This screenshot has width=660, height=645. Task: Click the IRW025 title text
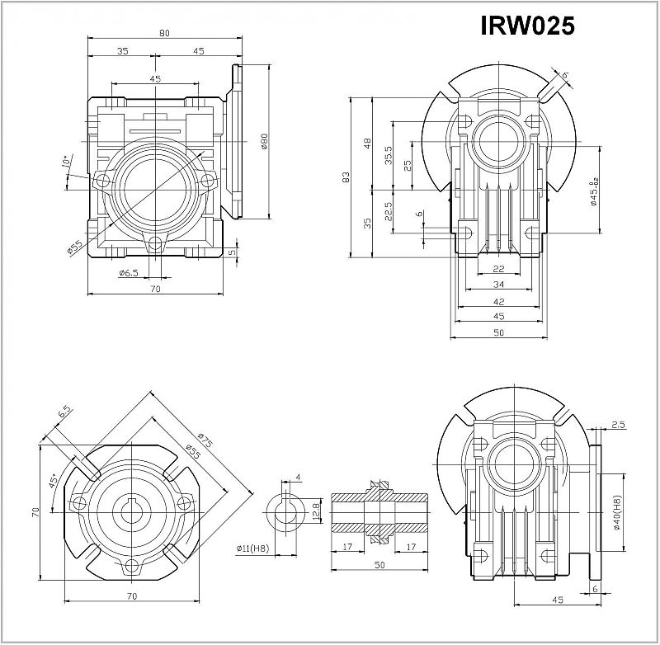[526, 26]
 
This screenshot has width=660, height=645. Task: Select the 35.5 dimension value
[388, 154]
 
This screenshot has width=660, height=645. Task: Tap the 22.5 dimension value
[388, 212]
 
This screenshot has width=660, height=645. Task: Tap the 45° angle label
[54, 481]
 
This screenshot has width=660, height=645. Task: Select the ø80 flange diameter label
[265, 142]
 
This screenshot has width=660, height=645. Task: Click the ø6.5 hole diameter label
[128, 273]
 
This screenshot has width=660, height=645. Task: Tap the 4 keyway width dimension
[298, 476]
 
